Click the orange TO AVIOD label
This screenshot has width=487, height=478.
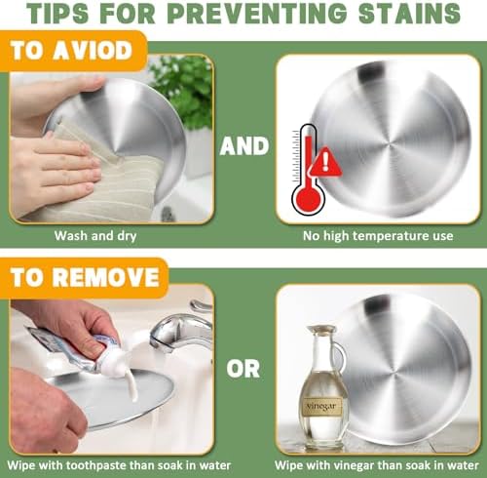74,51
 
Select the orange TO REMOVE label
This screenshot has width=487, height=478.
84,278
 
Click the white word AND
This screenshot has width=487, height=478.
244,146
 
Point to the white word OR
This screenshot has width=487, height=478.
243,369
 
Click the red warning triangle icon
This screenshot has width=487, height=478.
325,162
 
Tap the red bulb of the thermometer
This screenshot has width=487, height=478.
308,198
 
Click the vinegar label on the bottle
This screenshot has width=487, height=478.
322,407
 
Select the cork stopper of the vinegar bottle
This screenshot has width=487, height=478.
321,329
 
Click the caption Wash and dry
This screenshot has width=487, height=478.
95,236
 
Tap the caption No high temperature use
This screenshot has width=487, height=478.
378,236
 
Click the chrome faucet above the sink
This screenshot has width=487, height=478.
182,330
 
